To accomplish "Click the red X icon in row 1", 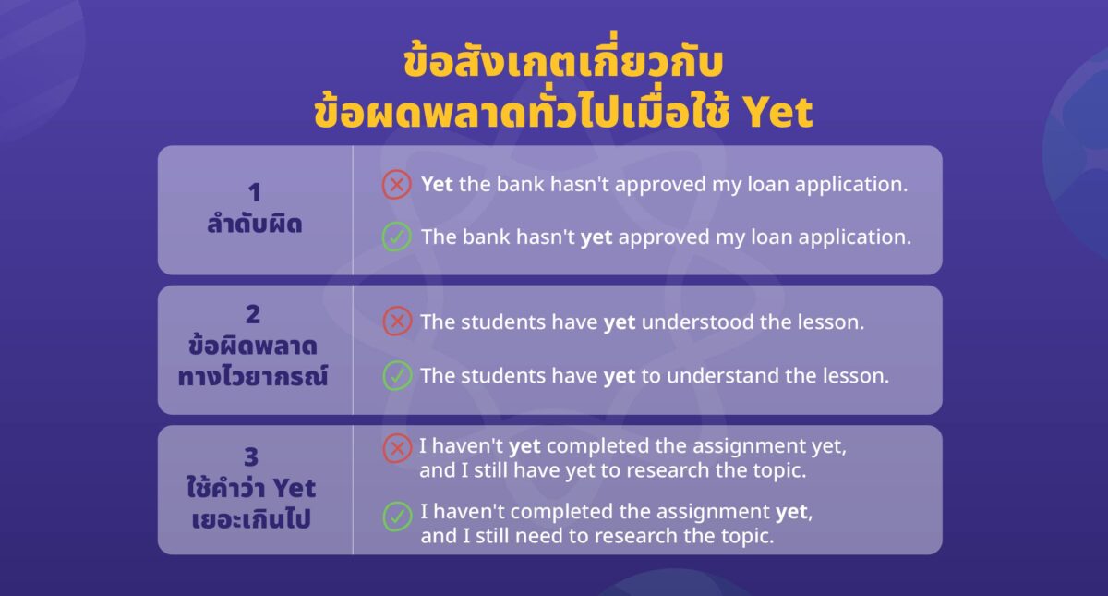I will (x=396, y=185).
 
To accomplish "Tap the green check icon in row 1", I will (x=396, y=237).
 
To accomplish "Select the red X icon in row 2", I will (x=396, y=322).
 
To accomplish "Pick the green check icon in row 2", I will (x=396, y=376).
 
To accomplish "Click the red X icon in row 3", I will (x=396, y=448).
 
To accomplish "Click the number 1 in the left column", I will (x=254, y=192).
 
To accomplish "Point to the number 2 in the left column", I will (x=254, y=314).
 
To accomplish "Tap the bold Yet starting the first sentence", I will (x=437, y=184).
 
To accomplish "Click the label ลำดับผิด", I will (x=254, y=223).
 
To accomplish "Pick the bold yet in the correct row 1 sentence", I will (x=596, y=237).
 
